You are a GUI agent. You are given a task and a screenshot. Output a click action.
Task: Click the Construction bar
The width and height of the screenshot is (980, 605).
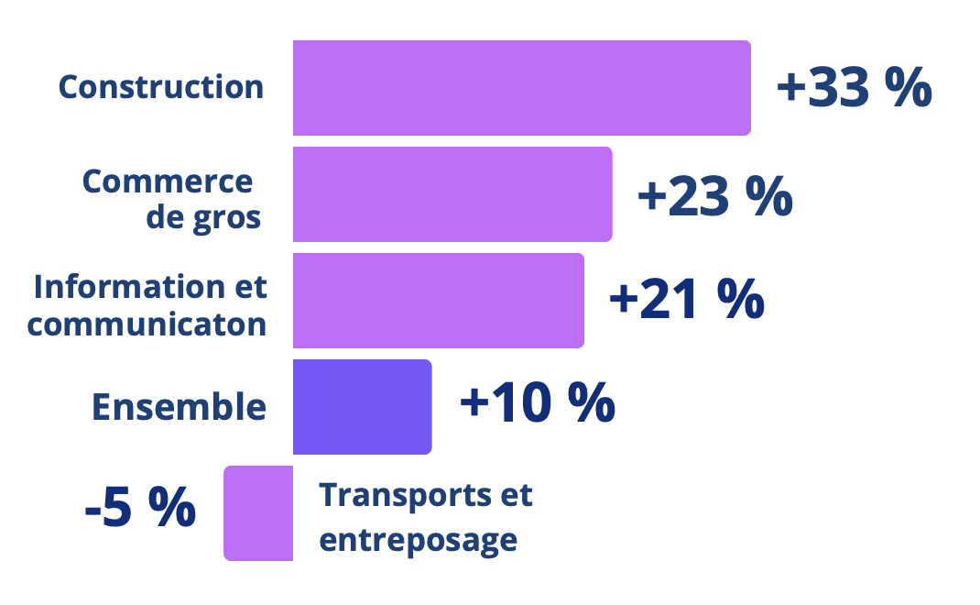pos(521,88)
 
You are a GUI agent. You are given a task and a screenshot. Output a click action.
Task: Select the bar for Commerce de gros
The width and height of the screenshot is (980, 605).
pos(452,194)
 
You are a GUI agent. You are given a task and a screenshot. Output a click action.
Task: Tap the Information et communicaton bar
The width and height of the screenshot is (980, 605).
pos(438,301)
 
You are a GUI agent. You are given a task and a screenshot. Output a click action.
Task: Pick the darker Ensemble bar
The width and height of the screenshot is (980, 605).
pos(362,407)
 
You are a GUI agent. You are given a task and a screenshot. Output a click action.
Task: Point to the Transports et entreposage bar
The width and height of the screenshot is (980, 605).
pos(258,513)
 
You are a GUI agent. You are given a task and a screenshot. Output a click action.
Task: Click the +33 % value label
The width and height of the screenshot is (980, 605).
pos(854,88)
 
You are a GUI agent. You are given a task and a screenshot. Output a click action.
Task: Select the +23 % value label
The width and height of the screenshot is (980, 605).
pos(714,195)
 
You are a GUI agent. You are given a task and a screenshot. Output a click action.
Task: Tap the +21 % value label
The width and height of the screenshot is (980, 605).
pos(686,301)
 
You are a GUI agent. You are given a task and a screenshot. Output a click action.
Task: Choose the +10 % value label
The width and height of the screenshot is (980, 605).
pos(537,403)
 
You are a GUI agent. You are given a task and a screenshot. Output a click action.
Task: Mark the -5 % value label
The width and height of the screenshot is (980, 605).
pos(140,509)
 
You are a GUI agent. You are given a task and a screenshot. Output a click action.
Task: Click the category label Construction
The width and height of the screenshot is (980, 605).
pos(161,87)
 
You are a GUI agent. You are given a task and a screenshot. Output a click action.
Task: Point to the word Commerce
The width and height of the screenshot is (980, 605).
pos(168,181)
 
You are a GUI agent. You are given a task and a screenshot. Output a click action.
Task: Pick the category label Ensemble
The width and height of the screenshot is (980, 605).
pos(179,407)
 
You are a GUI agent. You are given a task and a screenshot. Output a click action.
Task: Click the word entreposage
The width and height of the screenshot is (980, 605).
pos(418,539)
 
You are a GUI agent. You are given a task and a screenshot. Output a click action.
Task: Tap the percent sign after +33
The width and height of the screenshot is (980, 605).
pos(909,88)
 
